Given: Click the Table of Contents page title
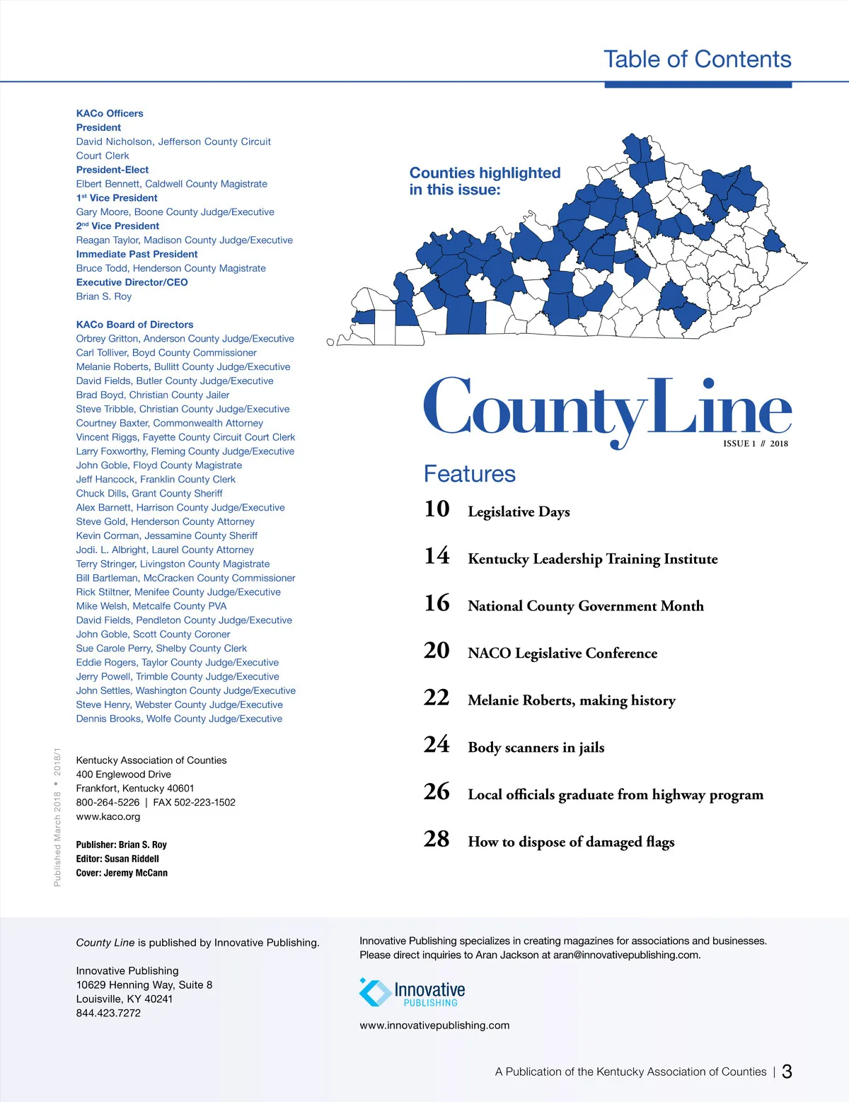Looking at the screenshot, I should coord(697,59).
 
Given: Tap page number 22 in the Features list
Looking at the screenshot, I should coord(437,698).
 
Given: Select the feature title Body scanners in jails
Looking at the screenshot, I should coord(536,748).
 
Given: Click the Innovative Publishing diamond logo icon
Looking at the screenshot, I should coord(374,992).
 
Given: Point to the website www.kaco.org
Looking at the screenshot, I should coord(108,816).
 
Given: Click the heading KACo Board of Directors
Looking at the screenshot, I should coord(134,325).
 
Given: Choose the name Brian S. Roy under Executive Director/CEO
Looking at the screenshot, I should coord(104,296).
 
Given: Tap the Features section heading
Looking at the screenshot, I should coord(470,474).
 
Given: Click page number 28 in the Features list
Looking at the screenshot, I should coord(437,840).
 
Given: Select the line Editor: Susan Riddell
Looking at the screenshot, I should coord(117,859).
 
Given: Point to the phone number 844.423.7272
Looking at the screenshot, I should coord(108,1013).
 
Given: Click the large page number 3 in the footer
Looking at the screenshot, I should coord(787,1072).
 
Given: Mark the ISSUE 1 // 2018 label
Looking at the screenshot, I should coord(755,443).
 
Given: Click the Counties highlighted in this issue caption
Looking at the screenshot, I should coord(485,181).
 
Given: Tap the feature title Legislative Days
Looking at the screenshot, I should coord(519,512).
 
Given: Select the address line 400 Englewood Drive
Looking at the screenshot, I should coord(124,775).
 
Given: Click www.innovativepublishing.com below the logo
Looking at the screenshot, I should coord(434,1026).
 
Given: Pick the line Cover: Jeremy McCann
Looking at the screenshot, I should coord(122,873).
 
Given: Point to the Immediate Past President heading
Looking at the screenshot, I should coord(137,254).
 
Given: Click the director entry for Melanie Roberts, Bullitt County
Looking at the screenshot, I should coord(183,367).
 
